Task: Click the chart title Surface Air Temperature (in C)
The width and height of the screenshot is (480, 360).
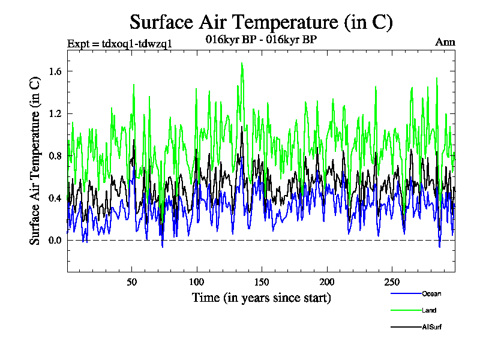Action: click(x=261, y=22)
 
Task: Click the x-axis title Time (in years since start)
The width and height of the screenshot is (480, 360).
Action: click(x=261, y=298)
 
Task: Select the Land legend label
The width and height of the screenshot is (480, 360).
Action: click(x=428, y=310)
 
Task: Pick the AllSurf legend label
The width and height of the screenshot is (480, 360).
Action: click(x=431, y=327)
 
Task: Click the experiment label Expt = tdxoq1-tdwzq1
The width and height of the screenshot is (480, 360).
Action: click(x=120, y=43)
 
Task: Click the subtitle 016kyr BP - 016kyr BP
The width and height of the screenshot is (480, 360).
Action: click(x=261, y=40)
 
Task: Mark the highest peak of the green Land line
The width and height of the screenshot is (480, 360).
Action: click(x=242, y=63)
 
